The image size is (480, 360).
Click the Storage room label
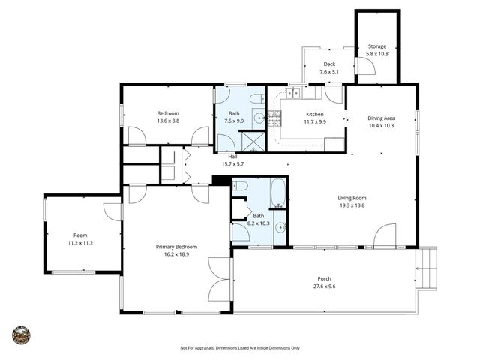376,46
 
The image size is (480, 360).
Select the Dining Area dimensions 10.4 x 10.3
381,126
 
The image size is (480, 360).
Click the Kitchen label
315,114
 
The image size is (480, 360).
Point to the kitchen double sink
292,93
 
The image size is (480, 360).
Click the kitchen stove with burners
274,117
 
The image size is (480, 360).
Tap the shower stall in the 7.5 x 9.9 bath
253,142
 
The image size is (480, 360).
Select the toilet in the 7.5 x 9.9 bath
255,99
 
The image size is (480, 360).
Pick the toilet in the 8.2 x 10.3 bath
240,186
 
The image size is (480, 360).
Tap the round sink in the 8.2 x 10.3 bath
280,228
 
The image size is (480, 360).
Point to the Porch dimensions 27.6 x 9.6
324,286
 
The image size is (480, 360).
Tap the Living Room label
352,198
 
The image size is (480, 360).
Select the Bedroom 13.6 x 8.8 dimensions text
168,121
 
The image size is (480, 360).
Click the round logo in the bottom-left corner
21,334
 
